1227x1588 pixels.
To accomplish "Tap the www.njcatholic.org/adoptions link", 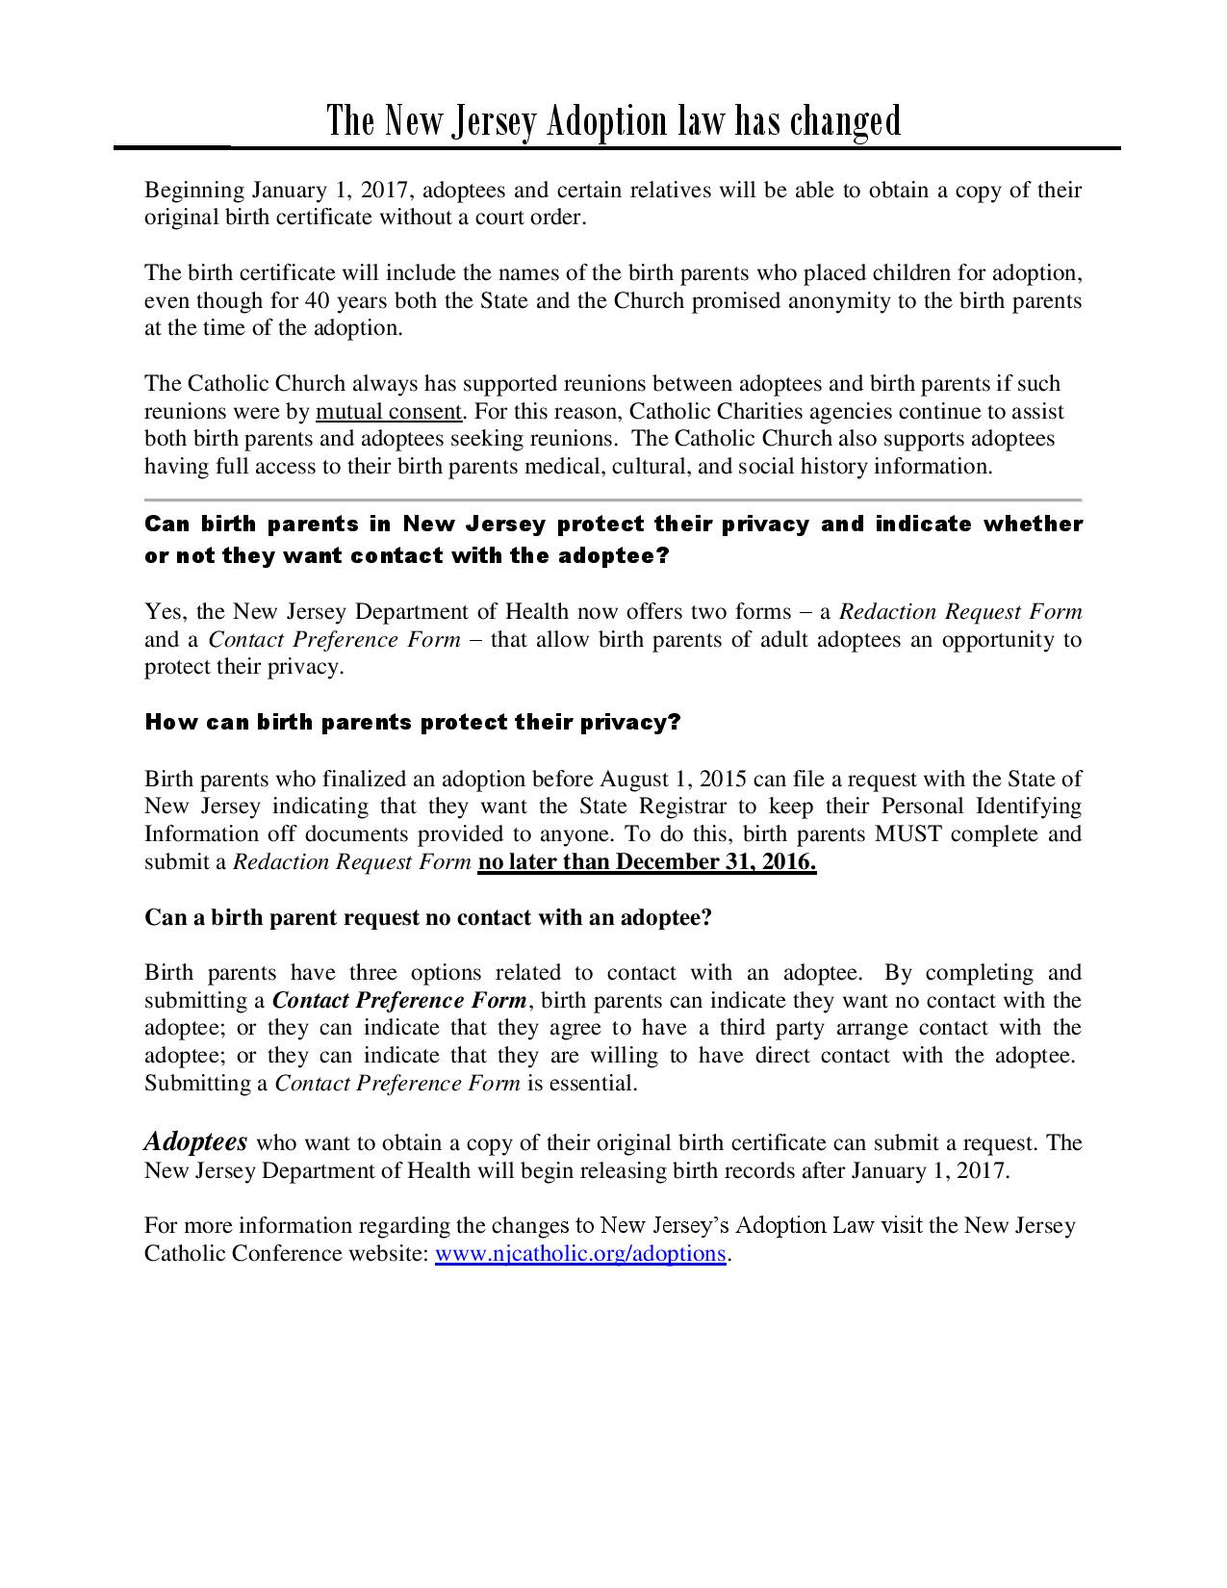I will pos(579,1253).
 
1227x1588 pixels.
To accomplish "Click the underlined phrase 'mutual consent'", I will pos(389,412).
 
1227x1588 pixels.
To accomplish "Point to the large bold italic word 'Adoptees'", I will pos(195,1141).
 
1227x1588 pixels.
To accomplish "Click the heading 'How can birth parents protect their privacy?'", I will pos(412,723).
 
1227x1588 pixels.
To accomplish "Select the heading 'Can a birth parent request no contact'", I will pos(427,917).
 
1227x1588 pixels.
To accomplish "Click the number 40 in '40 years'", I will pos(317,300).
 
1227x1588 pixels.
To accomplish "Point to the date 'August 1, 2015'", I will pos(673,779).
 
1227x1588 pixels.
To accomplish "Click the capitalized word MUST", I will pos(901,833).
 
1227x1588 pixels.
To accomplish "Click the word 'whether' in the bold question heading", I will pos(1034,525).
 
